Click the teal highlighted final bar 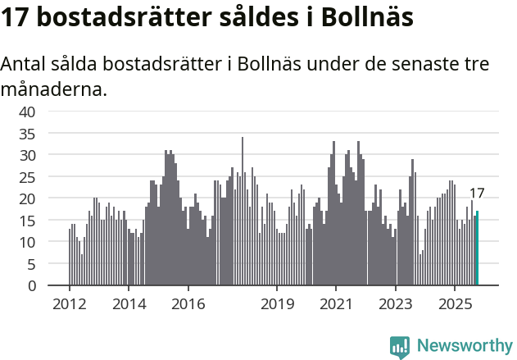coord(478,248)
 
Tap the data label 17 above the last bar coord(477,194)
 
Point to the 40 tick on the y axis coord(27,112)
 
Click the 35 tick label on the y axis coord(27,133)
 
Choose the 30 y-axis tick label coord(27,155)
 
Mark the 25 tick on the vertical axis coord(27,177)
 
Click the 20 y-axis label coord(27,198)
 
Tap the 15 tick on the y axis coord(27,221)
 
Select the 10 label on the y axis coord(27,242)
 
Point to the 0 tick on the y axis coord(31,286)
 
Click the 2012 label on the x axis coord(69,303)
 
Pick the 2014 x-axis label coord(129,303)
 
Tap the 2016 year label coord(188,303)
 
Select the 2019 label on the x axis coord(277,303)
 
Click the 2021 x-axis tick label coord(336,303)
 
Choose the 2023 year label coord(396,303)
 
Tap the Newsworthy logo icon coord(400,346)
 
